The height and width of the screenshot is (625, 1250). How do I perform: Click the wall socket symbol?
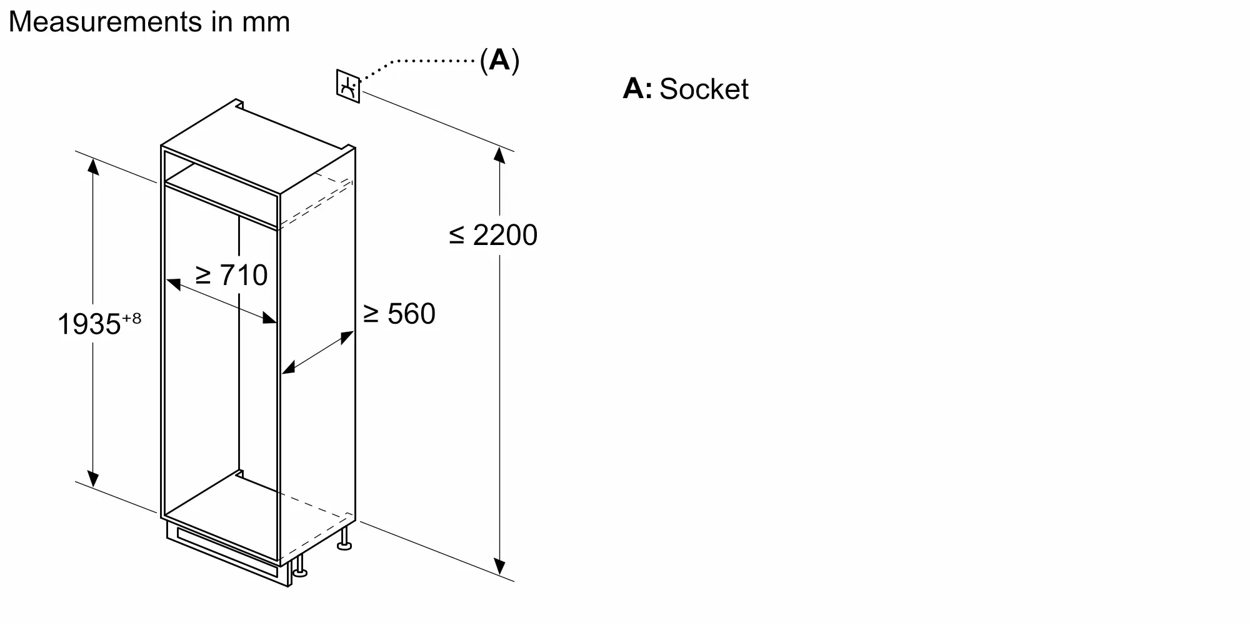tap(348, 86)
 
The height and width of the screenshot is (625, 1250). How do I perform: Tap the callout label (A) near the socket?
tap(499, 61)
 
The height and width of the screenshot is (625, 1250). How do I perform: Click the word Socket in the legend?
tap(704, 89)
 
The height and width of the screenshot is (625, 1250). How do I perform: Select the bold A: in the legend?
tap(637, 89)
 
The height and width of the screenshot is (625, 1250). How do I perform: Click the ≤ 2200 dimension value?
tap(493, 236)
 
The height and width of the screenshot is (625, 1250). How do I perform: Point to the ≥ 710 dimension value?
tap(232, 275)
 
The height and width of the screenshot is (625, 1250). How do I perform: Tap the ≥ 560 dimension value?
tap(399, 314)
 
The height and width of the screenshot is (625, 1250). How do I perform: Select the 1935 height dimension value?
tap(89, 324)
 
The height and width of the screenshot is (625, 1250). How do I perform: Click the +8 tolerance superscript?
tap(131, 318)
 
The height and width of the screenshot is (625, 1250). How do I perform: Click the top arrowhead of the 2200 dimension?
tap(499, 155)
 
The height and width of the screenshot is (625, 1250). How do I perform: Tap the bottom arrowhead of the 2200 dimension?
tap(499, 566)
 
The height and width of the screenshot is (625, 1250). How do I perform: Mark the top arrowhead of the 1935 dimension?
tap(93, 166)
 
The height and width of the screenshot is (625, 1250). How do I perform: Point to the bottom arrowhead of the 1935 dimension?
tap(93, 479)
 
